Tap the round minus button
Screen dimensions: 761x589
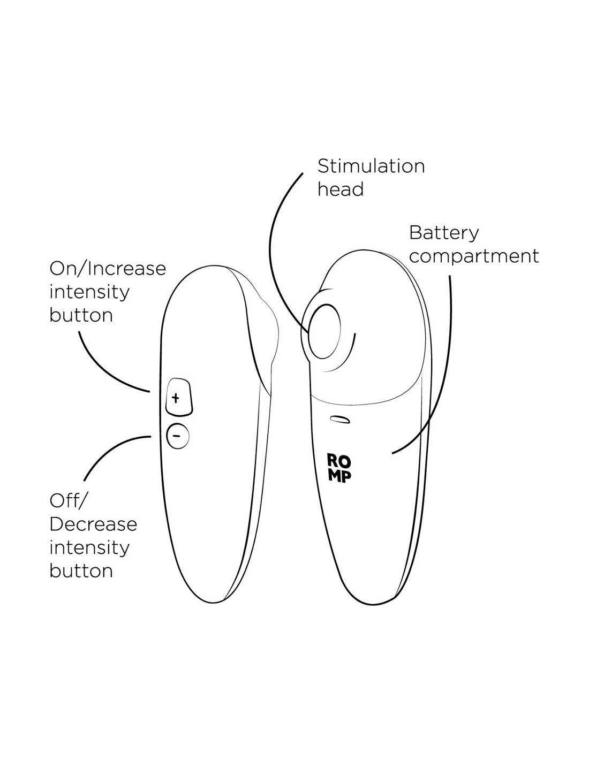coord(178,436)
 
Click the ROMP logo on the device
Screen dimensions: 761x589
coord(339,468)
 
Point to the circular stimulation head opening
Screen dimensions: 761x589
coord(324,332)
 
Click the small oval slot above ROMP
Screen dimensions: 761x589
coord(341,419)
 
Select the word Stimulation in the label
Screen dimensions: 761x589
coord(371,166)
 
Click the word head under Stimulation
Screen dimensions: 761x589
coord(340,189)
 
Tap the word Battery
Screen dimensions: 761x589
coord(444,233)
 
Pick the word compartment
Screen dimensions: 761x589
coord(474,256)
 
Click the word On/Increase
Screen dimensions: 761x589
coord(108,268)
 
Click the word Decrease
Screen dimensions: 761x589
coord(93,524)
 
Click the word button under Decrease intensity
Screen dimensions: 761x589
coord(81,570)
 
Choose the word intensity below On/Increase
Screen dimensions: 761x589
coord(89,292)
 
